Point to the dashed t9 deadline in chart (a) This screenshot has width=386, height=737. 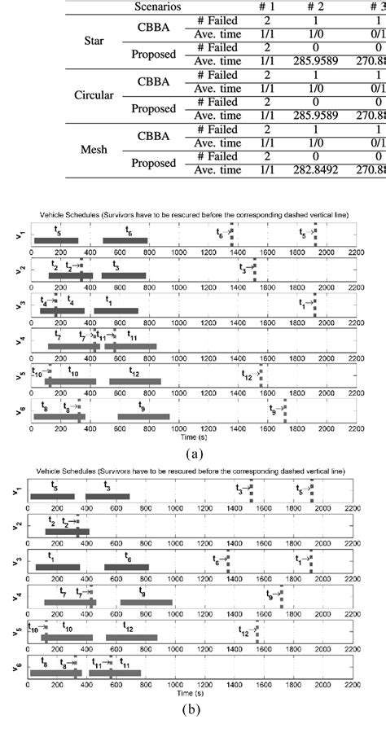coord(284,414)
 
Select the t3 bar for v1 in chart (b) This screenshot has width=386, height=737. coord(107,497)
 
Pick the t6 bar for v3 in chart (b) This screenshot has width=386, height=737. coord(126,568)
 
